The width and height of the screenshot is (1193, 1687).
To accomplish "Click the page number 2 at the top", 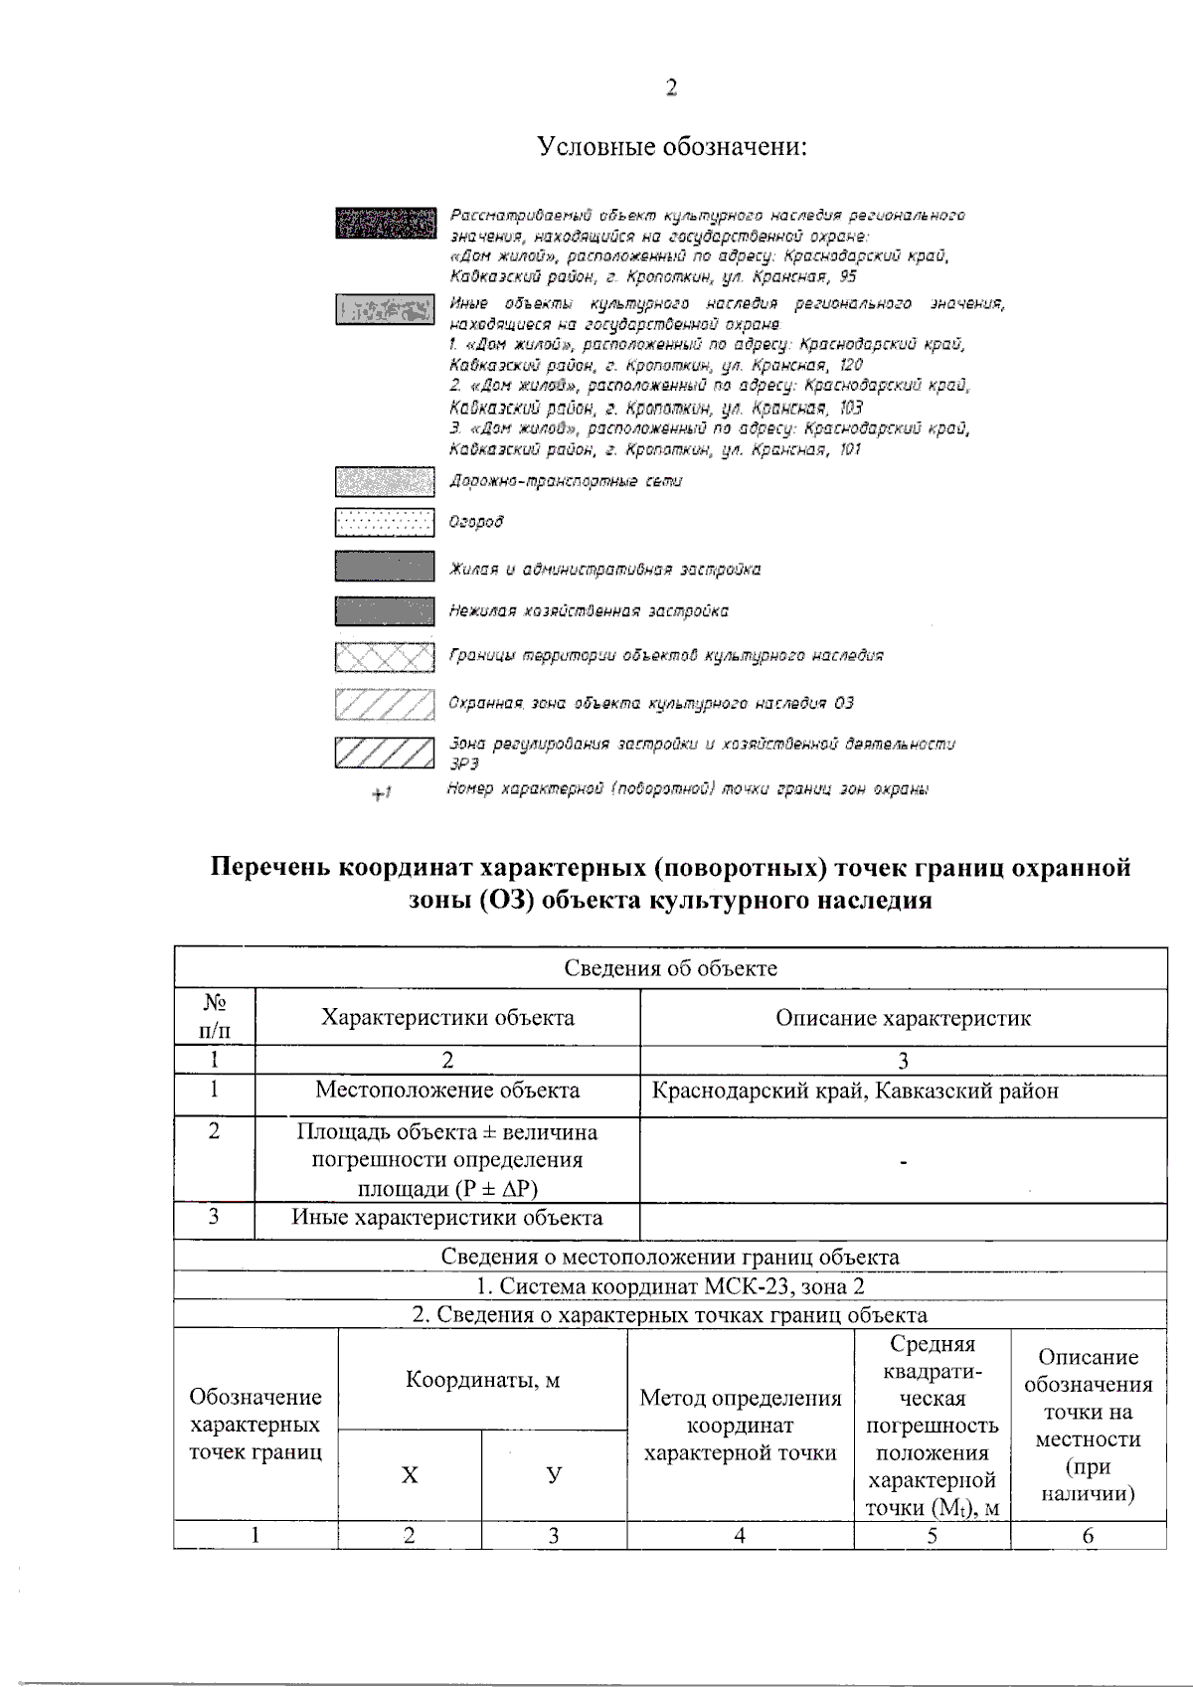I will point(671,88).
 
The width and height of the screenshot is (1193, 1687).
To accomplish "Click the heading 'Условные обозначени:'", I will point(671,147).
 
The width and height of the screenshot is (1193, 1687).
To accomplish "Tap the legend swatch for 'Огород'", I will point(385,522).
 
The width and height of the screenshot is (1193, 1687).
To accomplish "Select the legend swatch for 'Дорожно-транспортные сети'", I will point(385,482).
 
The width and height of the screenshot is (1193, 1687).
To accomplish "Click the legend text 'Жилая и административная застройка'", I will point(604,570).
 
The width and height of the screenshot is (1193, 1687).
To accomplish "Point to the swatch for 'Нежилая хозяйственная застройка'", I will point(385,610).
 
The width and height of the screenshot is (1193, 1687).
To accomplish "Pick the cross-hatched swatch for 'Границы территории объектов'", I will point(385,657).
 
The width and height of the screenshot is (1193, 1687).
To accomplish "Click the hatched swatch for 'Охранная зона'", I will point(385,704).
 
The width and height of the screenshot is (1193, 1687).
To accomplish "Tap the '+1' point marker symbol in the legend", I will point(382,793).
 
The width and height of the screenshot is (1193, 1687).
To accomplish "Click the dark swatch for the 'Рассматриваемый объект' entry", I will point(386,223).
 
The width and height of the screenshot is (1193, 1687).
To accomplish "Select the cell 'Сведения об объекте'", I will point(671,968).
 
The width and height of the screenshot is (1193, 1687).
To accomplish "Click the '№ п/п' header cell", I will point(214,1017).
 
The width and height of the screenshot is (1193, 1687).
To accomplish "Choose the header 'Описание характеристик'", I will point(903,1018).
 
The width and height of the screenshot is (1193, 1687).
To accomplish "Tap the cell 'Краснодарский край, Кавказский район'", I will point(855,1091).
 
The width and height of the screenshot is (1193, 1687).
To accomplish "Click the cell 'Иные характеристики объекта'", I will point(446,1218).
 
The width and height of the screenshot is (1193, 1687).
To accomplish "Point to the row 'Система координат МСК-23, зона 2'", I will point(671,1286).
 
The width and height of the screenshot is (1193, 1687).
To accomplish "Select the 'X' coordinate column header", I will point(410,1475).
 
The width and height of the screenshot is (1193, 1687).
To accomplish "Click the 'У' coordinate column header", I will point(554,1475).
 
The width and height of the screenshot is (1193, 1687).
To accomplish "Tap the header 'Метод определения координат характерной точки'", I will point(741,1426).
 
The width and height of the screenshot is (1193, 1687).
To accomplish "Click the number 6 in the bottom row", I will point(1088,1536).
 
